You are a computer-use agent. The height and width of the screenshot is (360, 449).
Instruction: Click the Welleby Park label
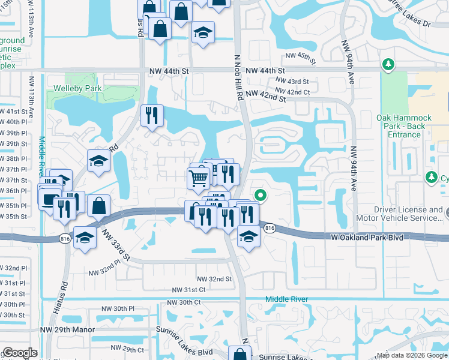point(86,89)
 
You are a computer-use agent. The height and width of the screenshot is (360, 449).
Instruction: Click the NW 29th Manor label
point(64,329)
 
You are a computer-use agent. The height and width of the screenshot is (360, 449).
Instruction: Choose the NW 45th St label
point(300,56)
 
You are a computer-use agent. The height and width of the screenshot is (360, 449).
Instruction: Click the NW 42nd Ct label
point(298,92)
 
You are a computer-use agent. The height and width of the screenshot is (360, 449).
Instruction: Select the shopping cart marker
point(198,177)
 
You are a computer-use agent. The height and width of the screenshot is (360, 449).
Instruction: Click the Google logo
point(20,353)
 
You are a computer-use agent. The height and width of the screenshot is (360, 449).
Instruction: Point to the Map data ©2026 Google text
point(412,355)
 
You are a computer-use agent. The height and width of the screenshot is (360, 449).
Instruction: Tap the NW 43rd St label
point(292,81)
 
